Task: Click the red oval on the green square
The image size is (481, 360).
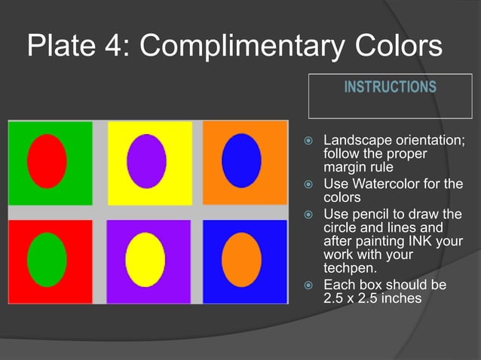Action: click(47, 160)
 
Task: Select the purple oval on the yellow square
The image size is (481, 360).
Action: click(146, 161)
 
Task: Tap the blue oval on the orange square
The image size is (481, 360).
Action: click(241, 160)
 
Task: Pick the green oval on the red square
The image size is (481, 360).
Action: click(47, 259)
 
